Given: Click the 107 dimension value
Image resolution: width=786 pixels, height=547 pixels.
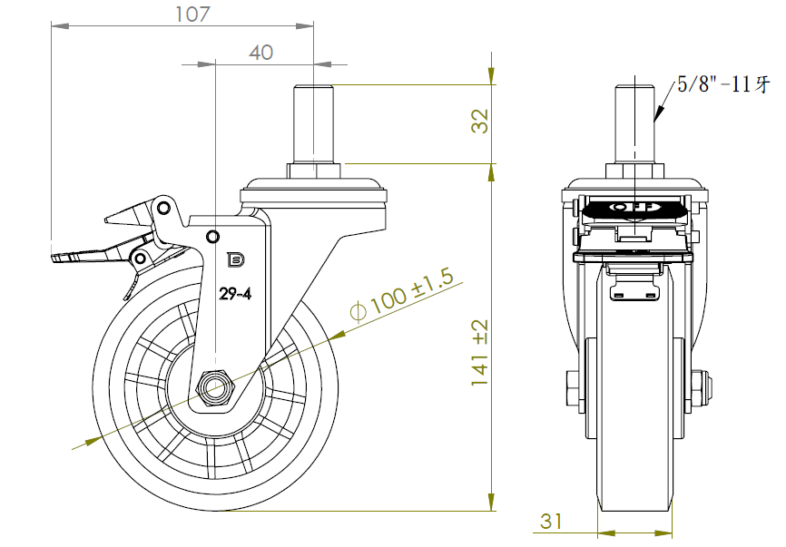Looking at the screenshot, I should pyautogui.click(x=192, y=14).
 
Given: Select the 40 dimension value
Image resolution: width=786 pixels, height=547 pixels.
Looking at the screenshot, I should pyautogui.click(x=260, y=53).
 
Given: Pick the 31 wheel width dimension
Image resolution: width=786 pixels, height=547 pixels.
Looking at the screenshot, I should pyautogui.click(x=551, y=522).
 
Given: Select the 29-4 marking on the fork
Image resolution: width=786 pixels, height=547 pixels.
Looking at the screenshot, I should pyautogui.click(x=236, y=293).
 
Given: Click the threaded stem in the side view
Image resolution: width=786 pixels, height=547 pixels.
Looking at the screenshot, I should pyautogui.click(x=314, y=122).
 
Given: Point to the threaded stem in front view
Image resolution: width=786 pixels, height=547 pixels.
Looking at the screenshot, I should pyautogui.click(x=634, y=122).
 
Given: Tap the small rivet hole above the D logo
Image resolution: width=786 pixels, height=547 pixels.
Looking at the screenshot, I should pyautogui.click(x=213, y=238).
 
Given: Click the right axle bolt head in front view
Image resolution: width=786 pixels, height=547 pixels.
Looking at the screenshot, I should pyautogui.click(x=703, y=388).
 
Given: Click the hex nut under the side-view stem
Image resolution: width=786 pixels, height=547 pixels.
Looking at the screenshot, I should pyautogui.click(x=314, y=171).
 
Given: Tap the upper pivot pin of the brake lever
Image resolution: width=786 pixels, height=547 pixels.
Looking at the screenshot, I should pyautogui.click(x=163, y=208).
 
